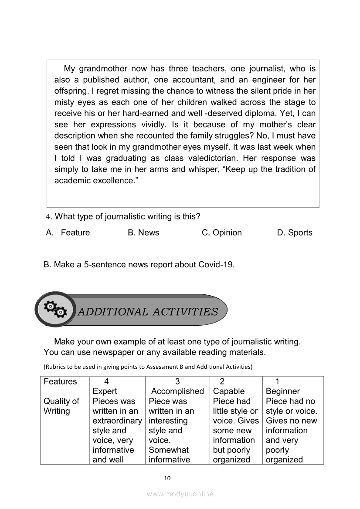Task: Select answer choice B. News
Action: [x=143, y=233]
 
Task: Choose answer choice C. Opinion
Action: [x=221, y=233]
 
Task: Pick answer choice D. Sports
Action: [x=295, y=233]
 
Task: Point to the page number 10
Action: [x=167, y=478]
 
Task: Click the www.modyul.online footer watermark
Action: [x=180, y=494]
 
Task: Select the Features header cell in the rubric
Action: [x=60, y=381]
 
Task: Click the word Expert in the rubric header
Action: [x=105, y=391]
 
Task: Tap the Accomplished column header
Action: [x=177, y=391]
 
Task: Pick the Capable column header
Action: [x=229, y=391]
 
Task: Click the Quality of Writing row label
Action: [x=61, y=406]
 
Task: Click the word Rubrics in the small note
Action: [x=54, y=367]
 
